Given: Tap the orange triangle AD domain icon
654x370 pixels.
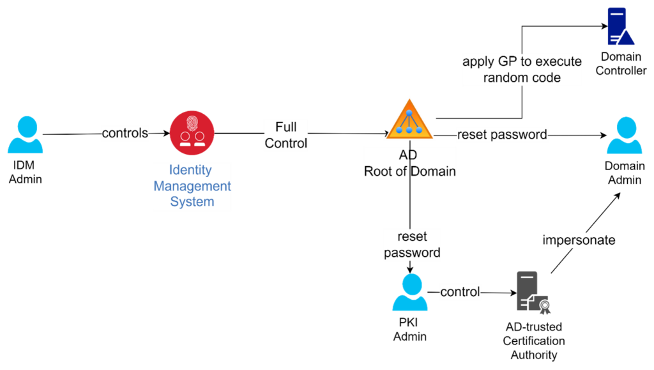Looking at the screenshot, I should click(x=409, y=120).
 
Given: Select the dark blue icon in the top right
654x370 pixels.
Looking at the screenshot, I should click(x=620, y=27).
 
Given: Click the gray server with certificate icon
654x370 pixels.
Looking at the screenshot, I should click(x=530, y=291).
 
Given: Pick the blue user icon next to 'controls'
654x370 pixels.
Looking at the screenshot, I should click(x=26, y=135).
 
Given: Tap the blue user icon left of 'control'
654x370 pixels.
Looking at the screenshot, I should click(x=409, y=292).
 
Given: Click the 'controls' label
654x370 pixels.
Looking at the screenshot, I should click(x=125, y=134).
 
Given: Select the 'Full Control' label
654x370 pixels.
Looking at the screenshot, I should click(x=285, y=135).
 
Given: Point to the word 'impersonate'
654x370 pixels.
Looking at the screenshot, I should click(x=579, y=240).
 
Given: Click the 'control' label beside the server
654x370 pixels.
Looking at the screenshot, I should click(x=460, y=292).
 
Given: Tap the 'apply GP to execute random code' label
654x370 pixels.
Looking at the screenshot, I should click(x=522, y=70).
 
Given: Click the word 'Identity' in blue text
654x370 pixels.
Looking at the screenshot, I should click(x=190, y=170).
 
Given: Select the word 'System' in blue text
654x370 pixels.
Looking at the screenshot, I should click(x=192, y=202).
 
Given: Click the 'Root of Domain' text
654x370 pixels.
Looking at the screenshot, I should click(x=410, y=171).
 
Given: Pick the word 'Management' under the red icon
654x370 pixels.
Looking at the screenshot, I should click(x=192, y=186).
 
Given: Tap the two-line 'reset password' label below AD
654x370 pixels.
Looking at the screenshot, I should click(x=412, y=245).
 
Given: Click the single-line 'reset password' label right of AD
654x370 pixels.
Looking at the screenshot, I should click(x=502, y=135).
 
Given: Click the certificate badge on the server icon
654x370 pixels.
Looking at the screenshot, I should click(x=544, y=308).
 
